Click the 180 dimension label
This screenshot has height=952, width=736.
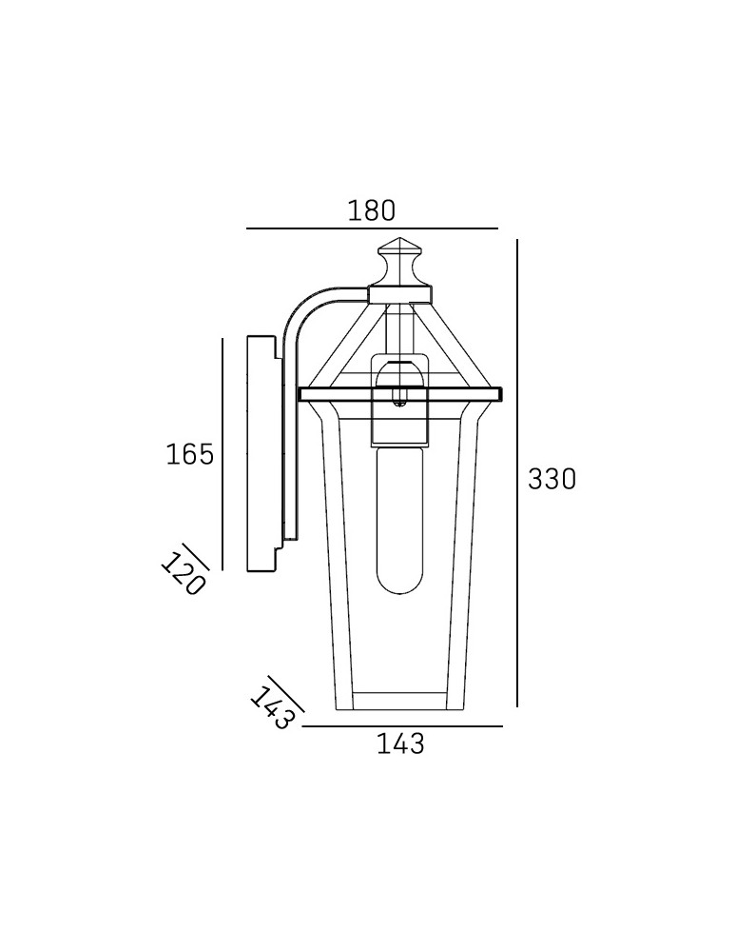pyautogui.click(x=371, y=210)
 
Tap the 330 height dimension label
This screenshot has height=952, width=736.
pyautogui.click(x=552, y=479)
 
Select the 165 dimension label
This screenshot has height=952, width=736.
pyautogui.click(x=190, y=454)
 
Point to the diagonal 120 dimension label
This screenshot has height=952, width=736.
pyautogui.click(x=182, y=574)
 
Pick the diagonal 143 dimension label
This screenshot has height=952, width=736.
pyautogui.click(x=272, y=707)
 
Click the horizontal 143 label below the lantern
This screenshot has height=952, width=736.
pyautogui.click(x=400, y=744)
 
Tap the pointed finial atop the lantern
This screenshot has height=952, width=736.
pyautogui.click(x=399, y=262)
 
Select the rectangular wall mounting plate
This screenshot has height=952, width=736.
pyautogui.click(x=264, y=453)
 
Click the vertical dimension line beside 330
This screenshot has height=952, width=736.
pyautogui.click(x=517, y=473)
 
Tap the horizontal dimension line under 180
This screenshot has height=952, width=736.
pyautogui.click(x=372, y=228)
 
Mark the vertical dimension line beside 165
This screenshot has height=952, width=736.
pyautogui.click(x=223, y=454)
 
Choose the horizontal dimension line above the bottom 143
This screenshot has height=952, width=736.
pyautogui.click(x=402, y=725)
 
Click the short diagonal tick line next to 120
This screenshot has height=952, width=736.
pyautogui.click(x=195, y=557)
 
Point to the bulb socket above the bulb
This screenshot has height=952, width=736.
pyautogui.click(x=399, y=401)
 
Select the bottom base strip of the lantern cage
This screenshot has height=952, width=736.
pyautogui.click(x=399, y=701)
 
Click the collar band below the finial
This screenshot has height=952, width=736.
pyautogui.click(x=400, y=295)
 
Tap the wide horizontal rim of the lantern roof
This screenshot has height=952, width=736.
pyautogui.click(x=400, y=394)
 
